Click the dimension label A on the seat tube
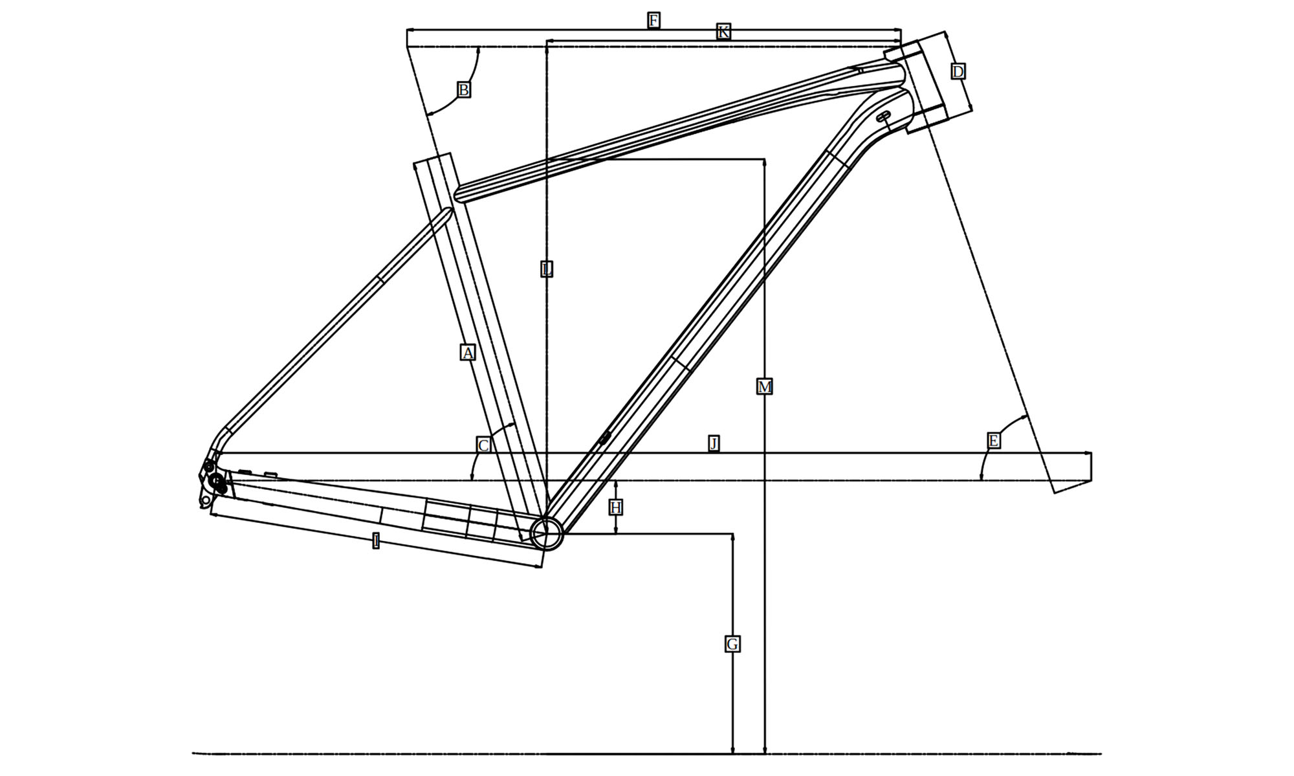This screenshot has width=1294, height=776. click(467, 353)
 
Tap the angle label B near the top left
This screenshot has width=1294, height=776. click(463, 89)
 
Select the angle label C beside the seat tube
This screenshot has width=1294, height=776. click(483, 445)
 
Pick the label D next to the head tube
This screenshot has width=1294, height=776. click(958, 71)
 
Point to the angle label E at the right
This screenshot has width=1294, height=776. click(994, 441)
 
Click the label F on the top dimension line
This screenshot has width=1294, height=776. click(653, 20)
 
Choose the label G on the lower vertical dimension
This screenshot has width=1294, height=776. click(732, 644)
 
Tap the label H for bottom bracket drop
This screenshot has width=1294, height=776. click(615, 507)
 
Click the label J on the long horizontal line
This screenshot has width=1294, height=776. click(714, 443)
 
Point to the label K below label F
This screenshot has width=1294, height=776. click(723, 31)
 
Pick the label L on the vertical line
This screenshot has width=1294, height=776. click(547, 269)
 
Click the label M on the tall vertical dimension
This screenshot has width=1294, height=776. click(764, 387)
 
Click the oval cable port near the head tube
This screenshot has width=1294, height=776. click(883, 116)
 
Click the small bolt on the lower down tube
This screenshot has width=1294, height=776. click(604, 438)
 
